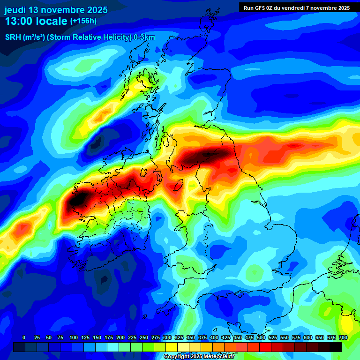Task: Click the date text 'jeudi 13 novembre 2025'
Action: [56, 9]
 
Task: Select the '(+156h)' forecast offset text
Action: [83, 21]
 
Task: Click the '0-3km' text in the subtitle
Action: [144, 37]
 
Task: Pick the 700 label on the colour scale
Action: [343, 337]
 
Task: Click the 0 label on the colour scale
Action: [24, 337]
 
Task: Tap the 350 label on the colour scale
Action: [190, 337]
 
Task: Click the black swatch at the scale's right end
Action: [336, 347]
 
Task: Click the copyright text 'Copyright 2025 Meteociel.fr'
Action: [199, 357]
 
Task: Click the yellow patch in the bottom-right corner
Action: [347, 323]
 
